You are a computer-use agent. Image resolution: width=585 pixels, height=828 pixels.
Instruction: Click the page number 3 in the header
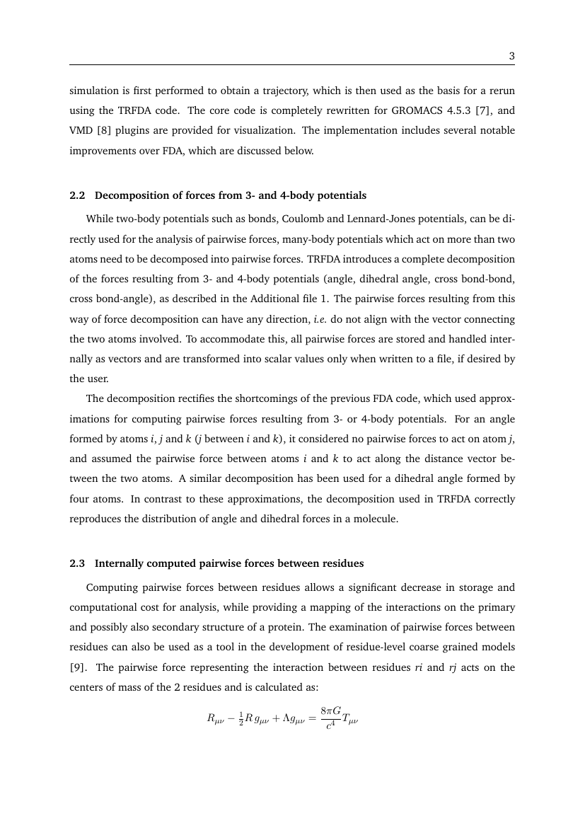tap(511, 57)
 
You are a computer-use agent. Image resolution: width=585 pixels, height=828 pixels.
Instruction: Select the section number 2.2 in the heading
tap(77, 195)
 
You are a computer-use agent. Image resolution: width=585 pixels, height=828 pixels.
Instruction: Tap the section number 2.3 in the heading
tap(77, 563)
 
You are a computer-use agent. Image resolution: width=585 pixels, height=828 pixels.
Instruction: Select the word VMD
tap(80, 130)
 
